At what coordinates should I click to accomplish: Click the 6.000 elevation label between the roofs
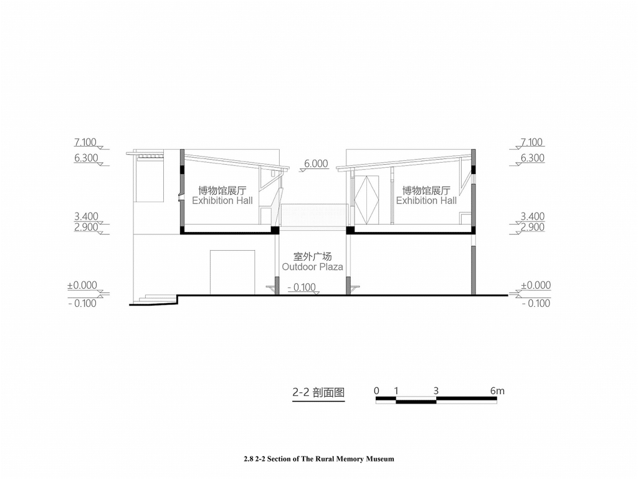click(x=316, y=164)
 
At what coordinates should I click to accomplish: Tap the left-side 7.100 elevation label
click(x=85, y=142)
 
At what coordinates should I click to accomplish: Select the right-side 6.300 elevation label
click(x=533, y=158)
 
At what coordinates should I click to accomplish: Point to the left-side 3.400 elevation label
click(x=86, y=216)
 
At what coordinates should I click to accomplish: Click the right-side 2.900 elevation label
click(x=533, y=227)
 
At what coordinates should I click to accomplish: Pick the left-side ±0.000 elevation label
click(x=82, y=285)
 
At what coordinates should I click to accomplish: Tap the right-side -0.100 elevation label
click(x=536, y=303)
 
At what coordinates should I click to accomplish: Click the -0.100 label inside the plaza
click(x=302, y=287)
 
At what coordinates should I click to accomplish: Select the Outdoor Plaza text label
click(x=313, y=267)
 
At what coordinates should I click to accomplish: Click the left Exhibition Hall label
click(x=222, y=200)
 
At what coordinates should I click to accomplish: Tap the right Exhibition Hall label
click(x=426, y=200)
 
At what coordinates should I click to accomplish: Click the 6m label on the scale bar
click(x=497, y=391)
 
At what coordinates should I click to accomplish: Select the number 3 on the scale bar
click(x=436, y=391)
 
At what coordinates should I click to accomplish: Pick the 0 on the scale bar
click(x=376, y=391)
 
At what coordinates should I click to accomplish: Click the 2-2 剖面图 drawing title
click(x=318, y=392)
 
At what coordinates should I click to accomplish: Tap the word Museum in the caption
click(x=379, y=459)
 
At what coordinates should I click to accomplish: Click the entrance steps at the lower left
click(x=157, y=298)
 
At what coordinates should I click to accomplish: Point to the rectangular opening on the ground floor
click(x=232, y=272)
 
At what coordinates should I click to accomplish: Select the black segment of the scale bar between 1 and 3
click(x=416, y=402)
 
